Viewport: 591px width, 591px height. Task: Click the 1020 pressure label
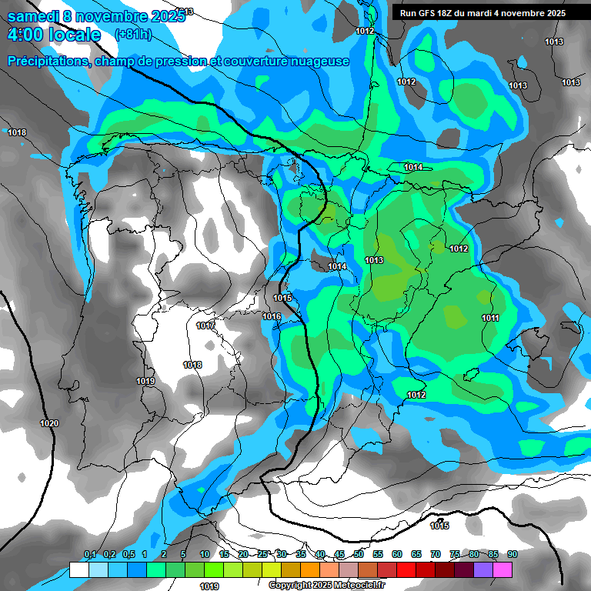tap(49, 423)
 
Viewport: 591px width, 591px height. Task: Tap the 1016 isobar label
tap(272, 316)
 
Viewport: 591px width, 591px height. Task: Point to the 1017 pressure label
tap(205, 326)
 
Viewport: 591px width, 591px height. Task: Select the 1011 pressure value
tap(490, 318)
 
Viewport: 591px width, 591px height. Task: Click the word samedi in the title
tap(37, 15)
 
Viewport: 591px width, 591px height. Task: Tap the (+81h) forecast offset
tap(132, 35)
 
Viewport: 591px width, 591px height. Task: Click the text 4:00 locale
tap(54, 35)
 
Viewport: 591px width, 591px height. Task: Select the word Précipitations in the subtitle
tap(47, 61)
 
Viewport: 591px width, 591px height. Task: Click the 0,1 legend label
tap(90, 554)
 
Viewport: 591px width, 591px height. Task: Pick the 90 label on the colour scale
tap(513, 554)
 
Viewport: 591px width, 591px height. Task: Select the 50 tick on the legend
tap(359, 554)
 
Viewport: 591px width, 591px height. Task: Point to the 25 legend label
tap(262, 554)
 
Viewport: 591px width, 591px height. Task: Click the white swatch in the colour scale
tap(78, 569)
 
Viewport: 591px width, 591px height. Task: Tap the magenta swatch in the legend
tap(503, 569)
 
